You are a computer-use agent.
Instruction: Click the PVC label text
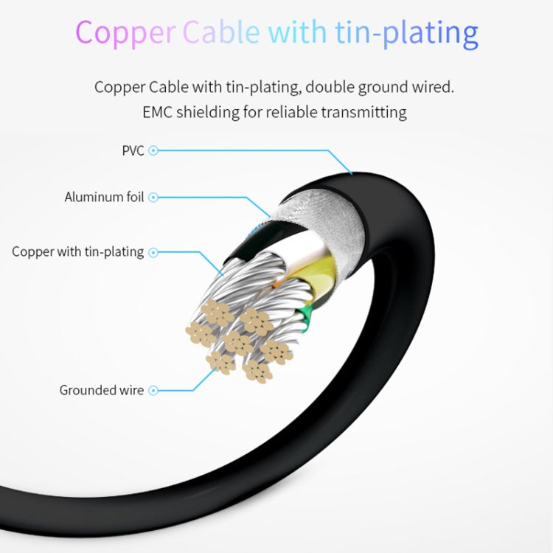click(x=133, y=150)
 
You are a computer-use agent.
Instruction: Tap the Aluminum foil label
click(x=104, y=197)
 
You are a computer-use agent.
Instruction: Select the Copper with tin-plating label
click(x=77, y=252)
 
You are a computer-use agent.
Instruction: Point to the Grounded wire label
click(x=102, y=390)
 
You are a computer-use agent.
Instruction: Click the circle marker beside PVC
click(x=153, y=150)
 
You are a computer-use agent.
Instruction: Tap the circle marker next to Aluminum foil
click(x=153, y=197)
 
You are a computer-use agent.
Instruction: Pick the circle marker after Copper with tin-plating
click(x=153, y=252)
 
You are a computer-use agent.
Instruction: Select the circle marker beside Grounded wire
click(x=153, y=390)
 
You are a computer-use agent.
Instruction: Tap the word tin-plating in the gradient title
click(x=406, y=32)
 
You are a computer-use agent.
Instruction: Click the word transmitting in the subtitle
click(x=364, y=113)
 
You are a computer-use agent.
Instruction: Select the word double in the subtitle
click(x=330, y=87)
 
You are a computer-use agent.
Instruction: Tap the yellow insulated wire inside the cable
click(x=314, y=271)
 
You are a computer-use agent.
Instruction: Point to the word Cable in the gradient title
click(x=221, y=32)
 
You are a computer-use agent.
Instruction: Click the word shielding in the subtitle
click(x=208, y=113)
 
